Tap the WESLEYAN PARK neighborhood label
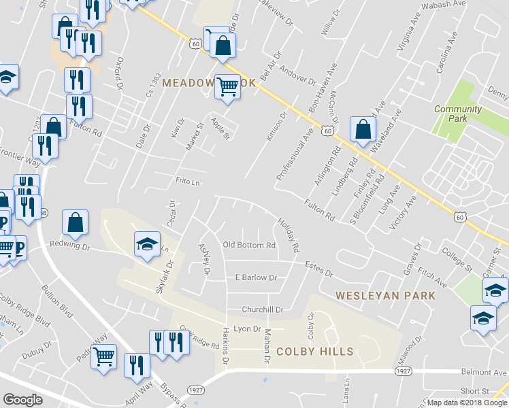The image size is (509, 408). (386, 296)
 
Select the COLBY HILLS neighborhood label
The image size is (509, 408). (314, 352)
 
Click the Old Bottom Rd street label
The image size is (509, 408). (249, 245)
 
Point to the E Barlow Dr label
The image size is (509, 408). (255, 277)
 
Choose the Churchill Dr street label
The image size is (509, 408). (263, 309)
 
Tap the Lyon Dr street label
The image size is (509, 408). (248, 328)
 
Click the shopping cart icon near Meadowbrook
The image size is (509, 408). (228, 86)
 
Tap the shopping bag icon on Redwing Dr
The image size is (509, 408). (75, 222)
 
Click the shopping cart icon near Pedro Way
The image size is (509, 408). (103, 356)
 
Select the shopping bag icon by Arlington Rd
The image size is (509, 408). (363, 129)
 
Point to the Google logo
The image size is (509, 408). (23, 400)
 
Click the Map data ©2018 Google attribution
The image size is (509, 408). (466, 403)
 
